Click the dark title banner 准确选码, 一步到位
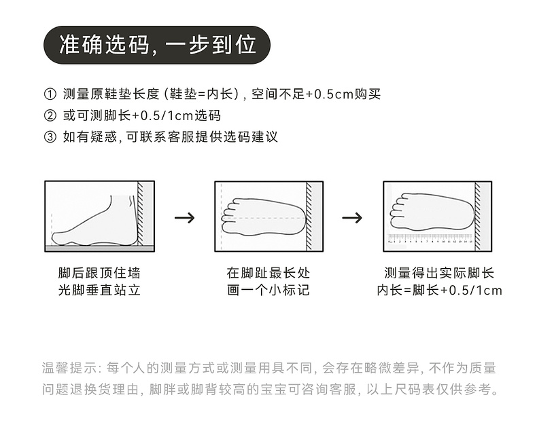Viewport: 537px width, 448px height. [157, 45]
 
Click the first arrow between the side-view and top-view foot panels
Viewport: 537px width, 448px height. [184, 218]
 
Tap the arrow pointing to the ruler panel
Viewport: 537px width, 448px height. [351, 218]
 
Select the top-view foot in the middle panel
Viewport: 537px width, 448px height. [262, 217]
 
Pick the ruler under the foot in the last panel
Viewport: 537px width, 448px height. [430, 238]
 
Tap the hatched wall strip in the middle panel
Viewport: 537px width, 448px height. [309, 217]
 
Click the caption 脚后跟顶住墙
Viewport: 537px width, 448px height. [99, 274]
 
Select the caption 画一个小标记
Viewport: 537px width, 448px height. [268, 291]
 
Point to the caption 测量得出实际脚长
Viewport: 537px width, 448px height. [439, 274]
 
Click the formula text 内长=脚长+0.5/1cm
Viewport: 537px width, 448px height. [439, 291]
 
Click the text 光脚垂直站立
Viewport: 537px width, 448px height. [99, 291]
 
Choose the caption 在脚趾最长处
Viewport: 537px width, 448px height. [268, 274]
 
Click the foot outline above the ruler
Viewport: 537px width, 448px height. [431, 212]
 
